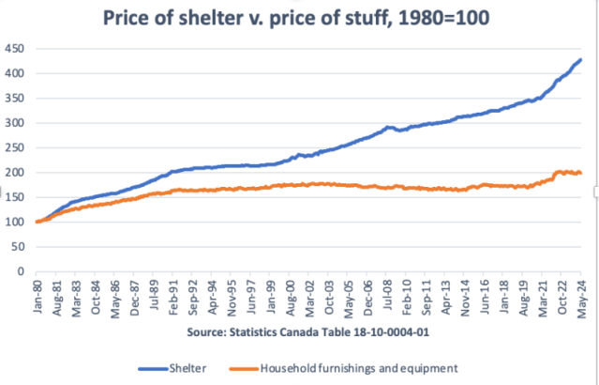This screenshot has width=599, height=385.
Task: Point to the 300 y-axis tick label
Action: (17, 123)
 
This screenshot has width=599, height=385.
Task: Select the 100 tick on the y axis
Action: (17, 222)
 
